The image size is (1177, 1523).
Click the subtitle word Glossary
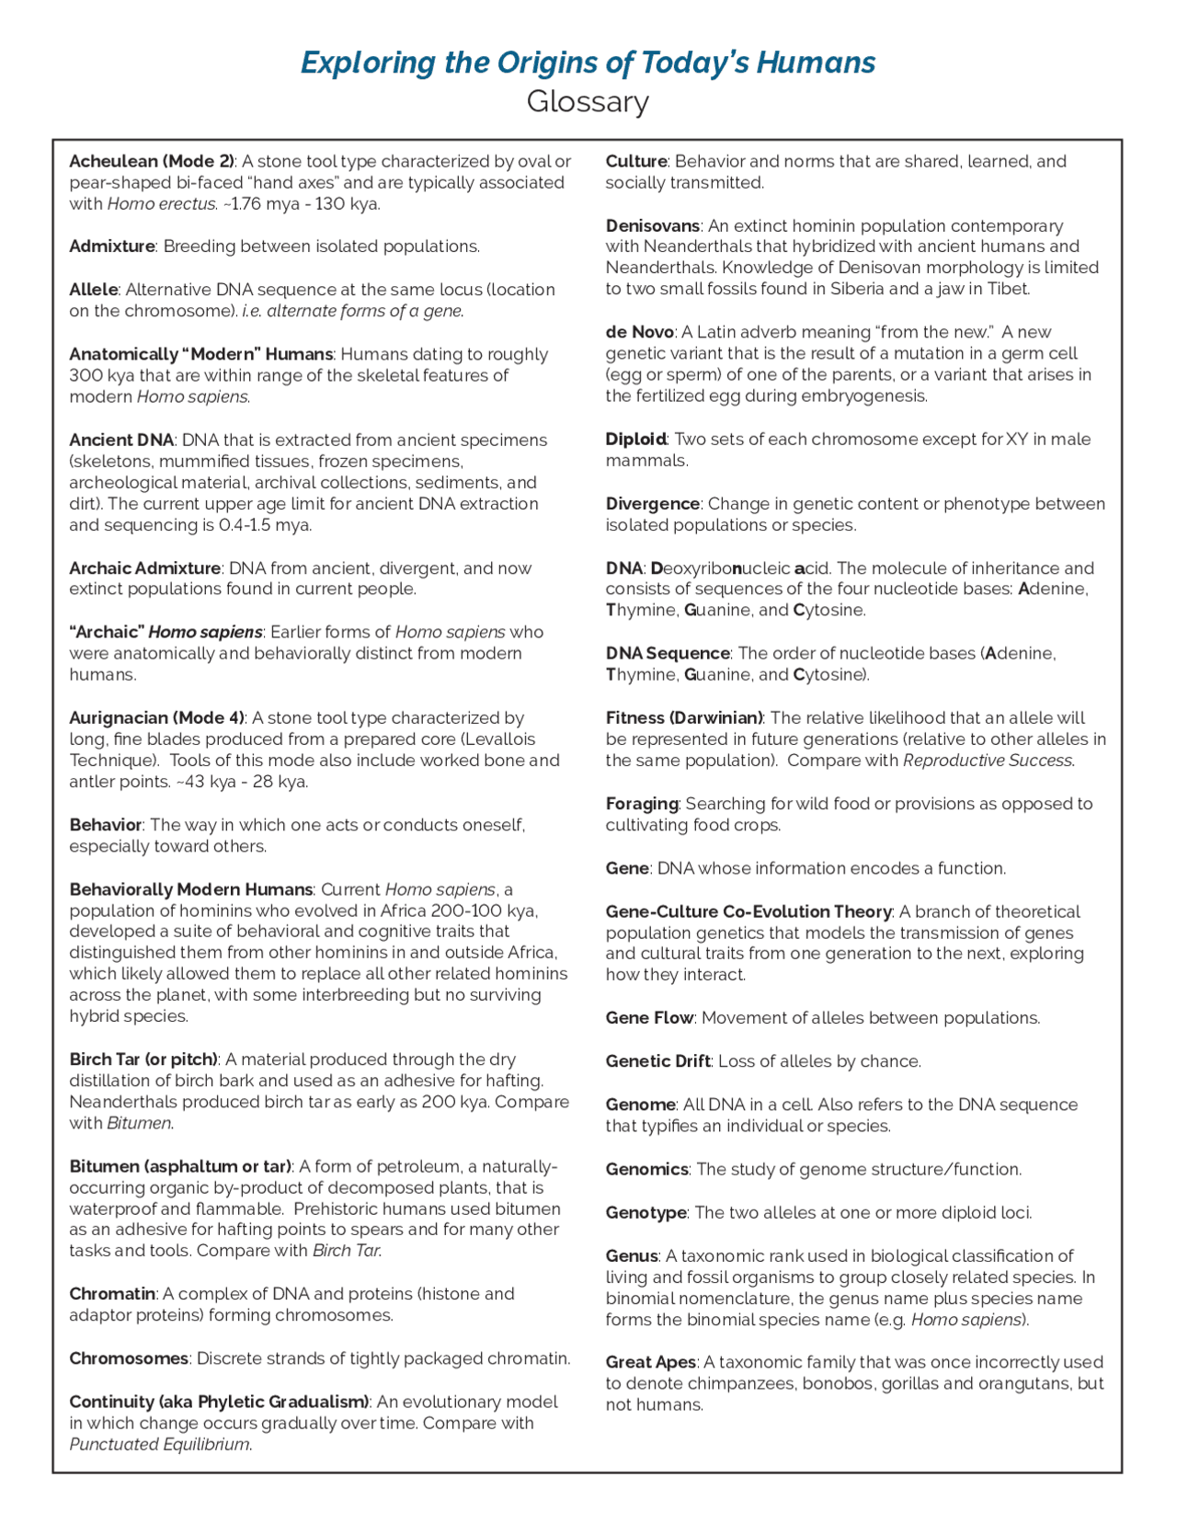click(x=588, y=102)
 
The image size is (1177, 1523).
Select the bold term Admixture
click(x=111, y=246)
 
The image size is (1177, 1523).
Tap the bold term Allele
click(x=93, y=290)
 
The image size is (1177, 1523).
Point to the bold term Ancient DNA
click(x=120, y=440)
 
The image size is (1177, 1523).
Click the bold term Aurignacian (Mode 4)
click(x=156, y=717)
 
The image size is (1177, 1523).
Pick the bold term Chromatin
click(x=111, y=1294)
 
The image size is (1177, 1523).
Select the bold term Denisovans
click(x=653, y=225)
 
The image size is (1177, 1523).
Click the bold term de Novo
click(x=640, y=332)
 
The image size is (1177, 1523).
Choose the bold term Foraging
click(x=642, y=804)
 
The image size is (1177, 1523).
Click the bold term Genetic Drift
click(x=657, y=1061)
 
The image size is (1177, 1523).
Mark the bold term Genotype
click(x=646, y=1213)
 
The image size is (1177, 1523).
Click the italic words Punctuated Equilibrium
click(x=159, y=1444)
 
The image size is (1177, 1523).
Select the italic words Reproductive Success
click(x=988, y=761)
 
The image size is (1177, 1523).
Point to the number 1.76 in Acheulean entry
click(x=244, y=204)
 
